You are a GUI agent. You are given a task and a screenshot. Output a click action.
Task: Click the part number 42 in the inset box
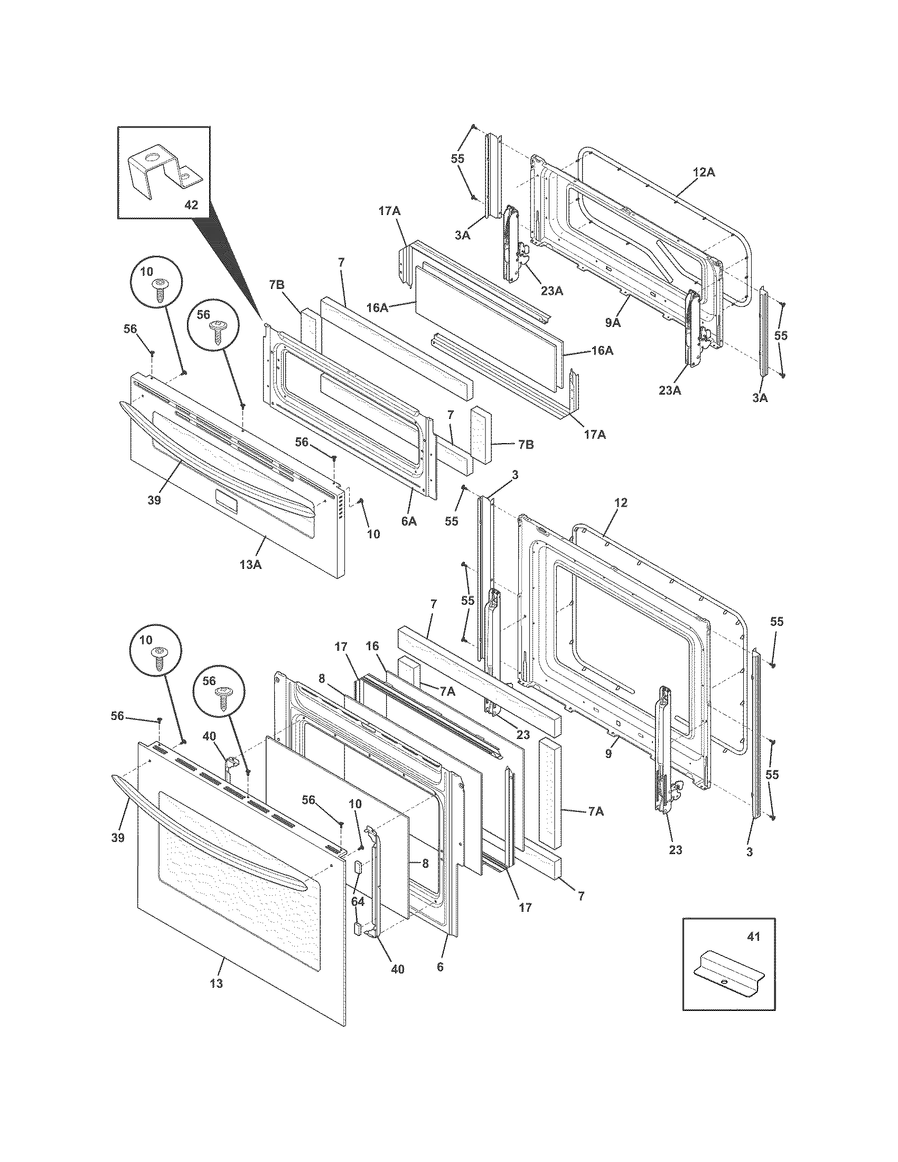pos(191,205)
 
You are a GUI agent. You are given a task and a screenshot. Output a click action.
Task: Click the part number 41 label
pos(753,937)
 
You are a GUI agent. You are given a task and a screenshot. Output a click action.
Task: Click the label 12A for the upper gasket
pos(704,172)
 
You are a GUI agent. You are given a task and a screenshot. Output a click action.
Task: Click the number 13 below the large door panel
pos(216,984)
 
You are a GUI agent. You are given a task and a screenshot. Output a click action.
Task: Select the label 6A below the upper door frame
pos(408,522)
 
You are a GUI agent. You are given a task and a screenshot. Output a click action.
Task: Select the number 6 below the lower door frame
pos(439,967)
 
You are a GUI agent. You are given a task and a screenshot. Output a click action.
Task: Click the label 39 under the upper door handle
pos(154,501)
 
